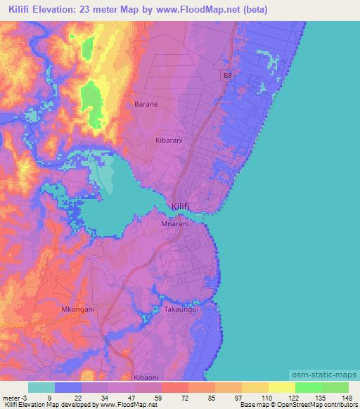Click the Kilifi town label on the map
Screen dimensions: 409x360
[x=181, y=205]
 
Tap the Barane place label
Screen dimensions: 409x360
[x=146, y=104]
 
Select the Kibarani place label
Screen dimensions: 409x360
[x=169, y=140]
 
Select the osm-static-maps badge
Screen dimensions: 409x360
[x=322, y=377]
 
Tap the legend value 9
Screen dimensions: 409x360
[x=48, y=397]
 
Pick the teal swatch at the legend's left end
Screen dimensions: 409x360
[x=41, y=387]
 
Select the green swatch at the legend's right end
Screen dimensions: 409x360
[x=335, y=387]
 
